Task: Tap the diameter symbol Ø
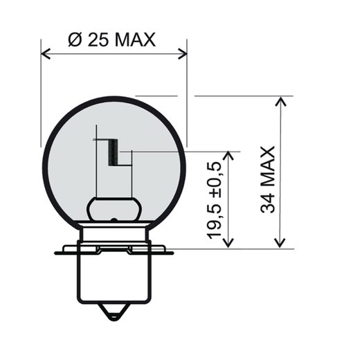point(76,39)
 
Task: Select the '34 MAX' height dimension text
point(268,179)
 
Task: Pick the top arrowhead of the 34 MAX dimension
point(280,101)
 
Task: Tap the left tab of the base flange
point(67,248)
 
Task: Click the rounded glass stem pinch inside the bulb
point(114,208)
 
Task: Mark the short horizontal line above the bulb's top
point(153,96)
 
